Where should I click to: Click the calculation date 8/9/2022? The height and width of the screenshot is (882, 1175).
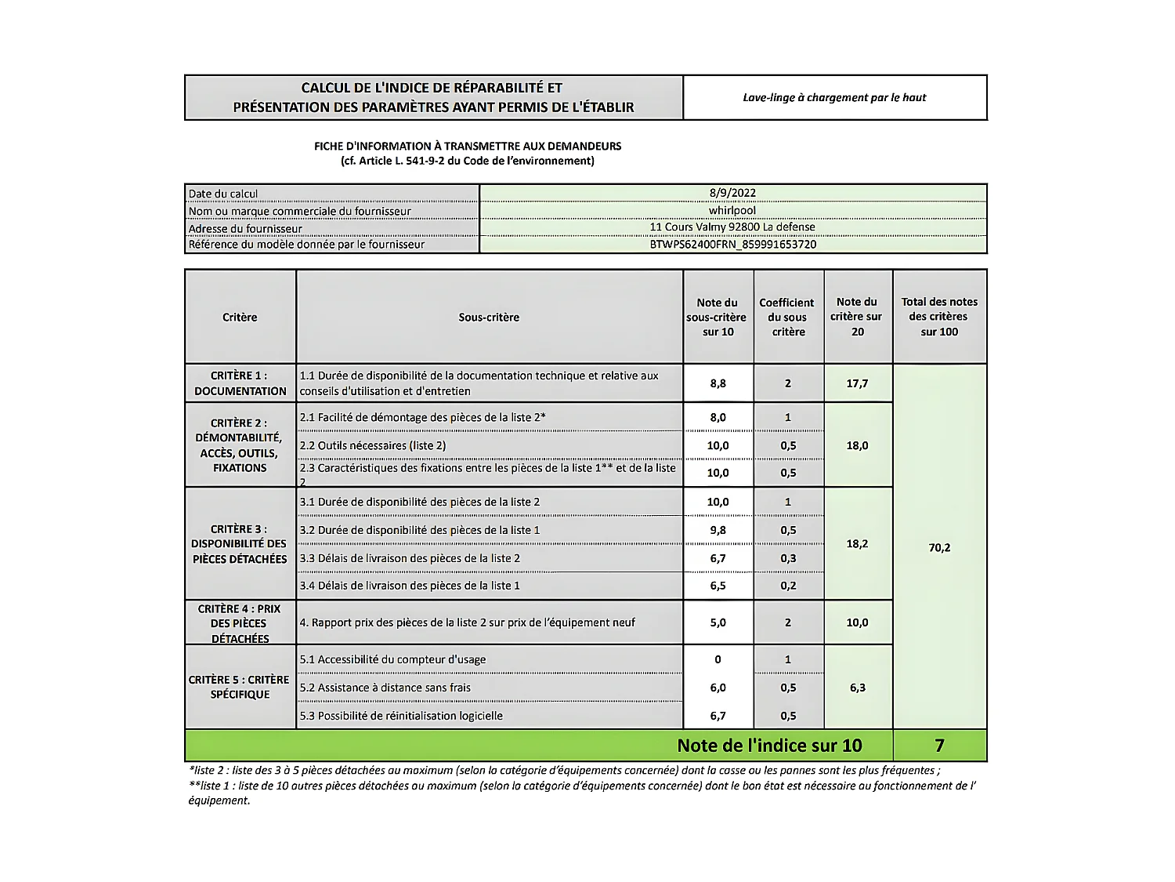pyautogui.click(x=732, y=193)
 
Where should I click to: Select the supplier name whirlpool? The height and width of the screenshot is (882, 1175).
pyautogui.click(x=732, y=210)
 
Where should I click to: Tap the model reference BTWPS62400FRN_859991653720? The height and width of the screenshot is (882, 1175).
pyautogui.click(x=732, y=244)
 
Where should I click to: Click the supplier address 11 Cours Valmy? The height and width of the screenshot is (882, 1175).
pyautogui.click(x=732, y=227)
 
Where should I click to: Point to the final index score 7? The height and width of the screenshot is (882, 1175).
pyautogui.click(x=939, y=746)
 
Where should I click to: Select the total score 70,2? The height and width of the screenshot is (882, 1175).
pyautogui.click(x=939, y=547)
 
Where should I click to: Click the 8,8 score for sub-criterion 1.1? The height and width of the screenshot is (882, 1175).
pyautogui.click(x=718, y=383)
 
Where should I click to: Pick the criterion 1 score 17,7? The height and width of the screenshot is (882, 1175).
pyautogui.click(x=857, y=383)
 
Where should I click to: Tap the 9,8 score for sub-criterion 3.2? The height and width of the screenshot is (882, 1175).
pyautogui.click(x=718, y=530)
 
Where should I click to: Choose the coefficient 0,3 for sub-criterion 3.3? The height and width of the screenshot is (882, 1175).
pyautogui.click(x=788, y=558)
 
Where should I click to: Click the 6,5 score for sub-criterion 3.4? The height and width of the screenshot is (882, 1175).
pyautogui.click(x=718, y=586)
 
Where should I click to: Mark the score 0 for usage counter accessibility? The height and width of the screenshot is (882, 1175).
pyautogui.click(x=718, y=659)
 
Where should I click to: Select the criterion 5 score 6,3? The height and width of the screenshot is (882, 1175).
pyautogui.click(x=857, y=688)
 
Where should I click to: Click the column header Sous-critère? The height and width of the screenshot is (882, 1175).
pyautogui.click(x=489, y=318)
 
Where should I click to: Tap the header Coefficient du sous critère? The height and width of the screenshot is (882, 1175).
pyautogui.click(x=787, y=317)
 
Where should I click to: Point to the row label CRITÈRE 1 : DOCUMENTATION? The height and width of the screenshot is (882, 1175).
pyautogui.click(x=240, y=383)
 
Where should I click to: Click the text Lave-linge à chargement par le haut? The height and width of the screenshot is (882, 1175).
pyautogui.click(x=834, y=98)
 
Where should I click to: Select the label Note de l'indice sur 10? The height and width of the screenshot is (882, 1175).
pyautogui.click(x=769, y=746)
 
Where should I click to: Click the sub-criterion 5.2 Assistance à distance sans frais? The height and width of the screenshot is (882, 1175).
pyautogui.click(x=385, y=688)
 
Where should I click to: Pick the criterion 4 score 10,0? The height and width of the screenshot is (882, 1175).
pyautogui.click(x=857, y=622)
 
